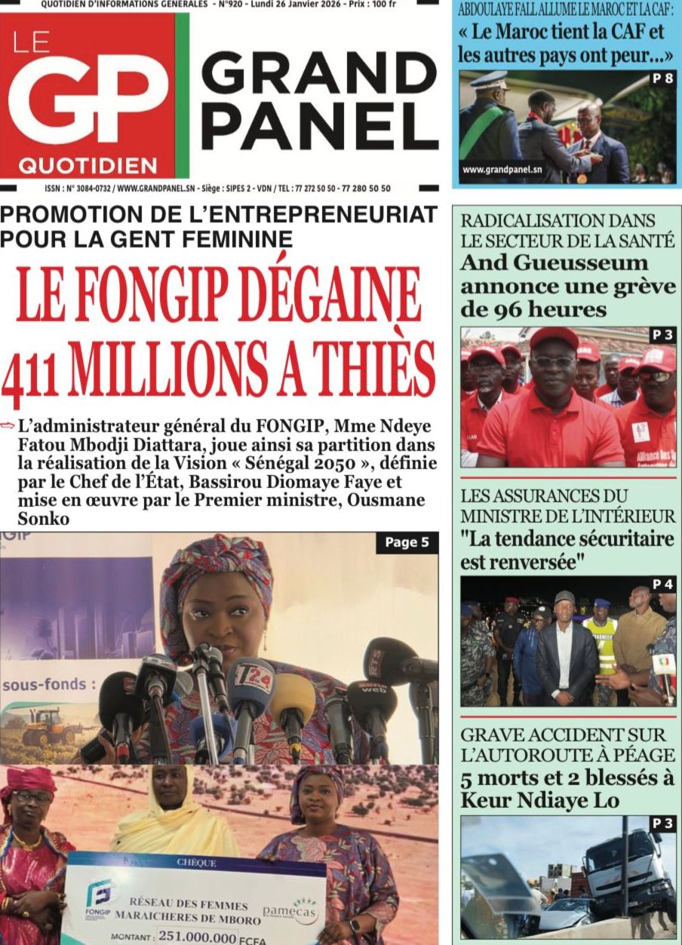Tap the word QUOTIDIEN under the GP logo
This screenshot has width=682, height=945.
88,165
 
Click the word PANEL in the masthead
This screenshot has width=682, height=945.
320,125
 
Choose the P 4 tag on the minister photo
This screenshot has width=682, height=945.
662,584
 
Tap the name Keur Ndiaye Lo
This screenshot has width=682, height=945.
539,800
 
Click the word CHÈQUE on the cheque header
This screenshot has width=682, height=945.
196,862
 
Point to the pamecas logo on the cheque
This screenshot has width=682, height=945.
290,910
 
